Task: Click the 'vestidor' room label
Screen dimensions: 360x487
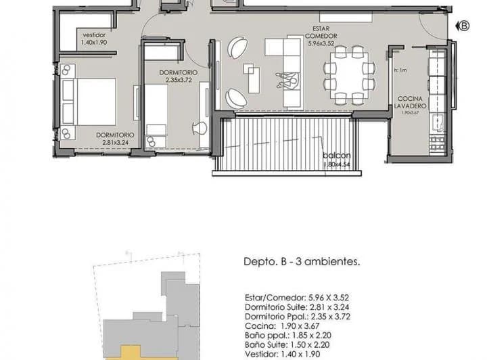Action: click(x=95, y=35)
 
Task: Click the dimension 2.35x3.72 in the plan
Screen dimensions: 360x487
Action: click(x=179, y=80)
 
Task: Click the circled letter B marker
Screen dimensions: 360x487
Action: click(x=465, y=26)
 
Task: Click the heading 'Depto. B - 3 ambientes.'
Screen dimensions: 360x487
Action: click(x=300, y=261)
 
